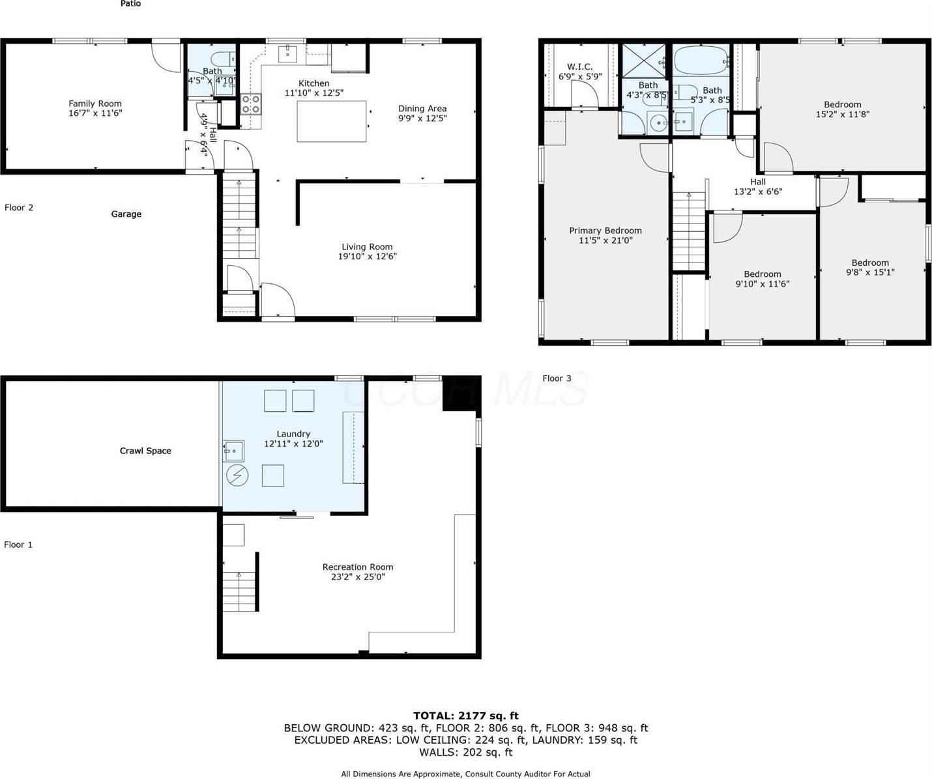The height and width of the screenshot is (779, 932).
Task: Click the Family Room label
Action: coord(95,104)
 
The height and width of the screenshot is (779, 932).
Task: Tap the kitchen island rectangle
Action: coord(332,121)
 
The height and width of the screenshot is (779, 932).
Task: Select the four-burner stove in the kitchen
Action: coord(252,104)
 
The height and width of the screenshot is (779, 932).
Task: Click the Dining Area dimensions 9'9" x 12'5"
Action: coord(422,119)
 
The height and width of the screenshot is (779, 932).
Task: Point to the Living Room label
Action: coord(367,247)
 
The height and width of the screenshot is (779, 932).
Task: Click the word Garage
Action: coord(126,214)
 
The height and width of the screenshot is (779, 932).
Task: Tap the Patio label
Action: coord(130,4)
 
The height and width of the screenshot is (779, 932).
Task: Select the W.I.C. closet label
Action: coord(579,67)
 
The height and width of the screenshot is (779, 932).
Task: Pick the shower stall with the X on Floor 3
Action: coord(643,60)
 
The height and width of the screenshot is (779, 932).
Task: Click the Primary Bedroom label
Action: coord(605,231)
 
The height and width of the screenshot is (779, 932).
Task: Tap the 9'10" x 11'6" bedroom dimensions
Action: coord(763,284)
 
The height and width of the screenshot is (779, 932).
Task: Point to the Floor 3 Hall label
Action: coord(757,182)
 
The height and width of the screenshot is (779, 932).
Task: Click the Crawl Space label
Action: coord(145,451)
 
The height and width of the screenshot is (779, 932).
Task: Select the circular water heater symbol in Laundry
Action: coord(237,475)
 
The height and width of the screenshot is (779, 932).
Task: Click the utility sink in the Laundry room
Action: coord(233,451)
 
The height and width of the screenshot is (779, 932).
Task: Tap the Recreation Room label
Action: coord(358,567)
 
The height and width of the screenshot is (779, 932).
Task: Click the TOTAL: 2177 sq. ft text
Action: coord(465,716)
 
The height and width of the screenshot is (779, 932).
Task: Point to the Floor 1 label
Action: coord(18,545)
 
